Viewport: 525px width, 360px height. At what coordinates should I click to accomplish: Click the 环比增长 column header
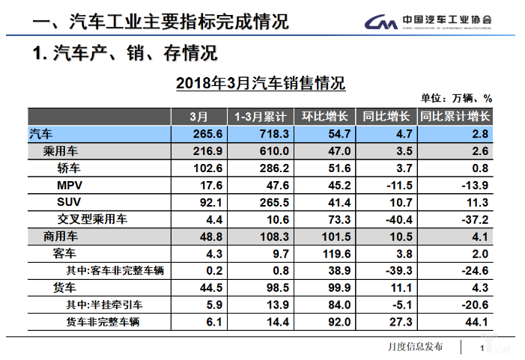tap(324, 117)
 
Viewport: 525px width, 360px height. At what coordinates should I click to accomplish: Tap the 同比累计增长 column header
tap(455, 117)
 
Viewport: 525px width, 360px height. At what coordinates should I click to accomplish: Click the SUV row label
tap(69, 202)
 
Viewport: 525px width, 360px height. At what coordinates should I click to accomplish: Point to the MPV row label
tap(70, 185)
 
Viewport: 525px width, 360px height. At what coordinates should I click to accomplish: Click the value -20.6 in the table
tap(472, 305)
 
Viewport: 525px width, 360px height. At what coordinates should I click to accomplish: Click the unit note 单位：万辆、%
tap(455, 98)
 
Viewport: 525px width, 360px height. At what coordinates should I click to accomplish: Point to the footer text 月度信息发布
tap(415, 347)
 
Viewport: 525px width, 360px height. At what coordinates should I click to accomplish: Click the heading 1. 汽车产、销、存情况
tap(125, 55)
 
